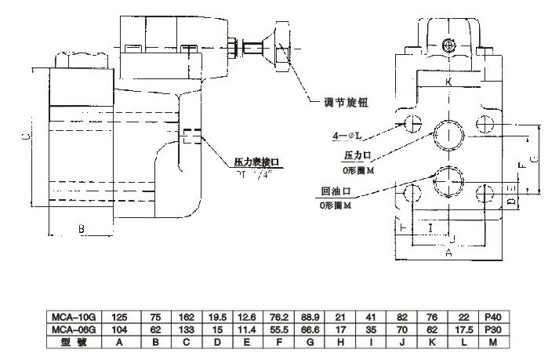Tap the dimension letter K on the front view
pos(448,82)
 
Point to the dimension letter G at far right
pos(532,159)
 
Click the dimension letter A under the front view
pos(448,253)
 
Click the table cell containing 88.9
pos(308,316)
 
